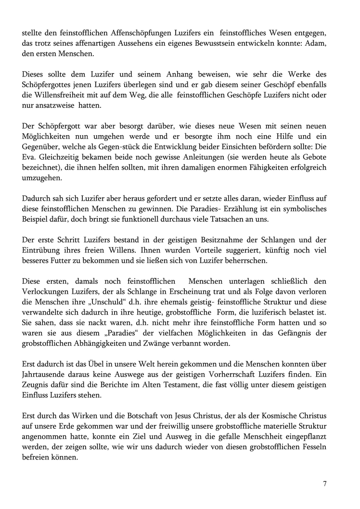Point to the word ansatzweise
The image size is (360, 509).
pos(60,107)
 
